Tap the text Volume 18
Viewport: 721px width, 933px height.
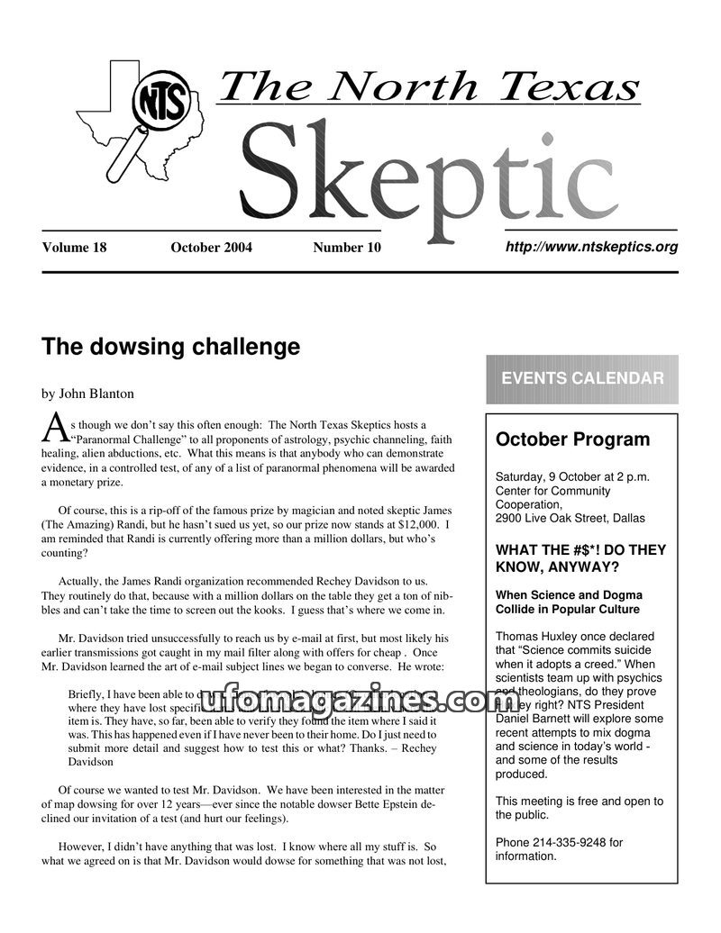(x=74, y=248)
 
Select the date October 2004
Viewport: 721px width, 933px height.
(x=211, y=248)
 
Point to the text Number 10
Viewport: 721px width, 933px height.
(x=347, y=248)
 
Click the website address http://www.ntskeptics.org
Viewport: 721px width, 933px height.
(x=591, y=247)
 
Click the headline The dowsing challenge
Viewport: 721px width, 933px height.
(x=170, y=347)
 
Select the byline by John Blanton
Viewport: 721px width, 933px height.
(x=87, y=393)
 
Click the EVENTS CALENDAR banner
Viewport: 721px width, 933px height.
(x=582, y=378)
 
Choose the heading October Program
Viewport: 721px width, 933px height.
(x=572, y=439)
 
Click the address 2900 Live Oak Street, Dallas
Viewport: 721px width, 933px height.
(x=570, y=519)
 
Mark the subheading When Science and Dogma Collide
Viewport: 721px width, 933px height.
(x=569, y=602)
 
